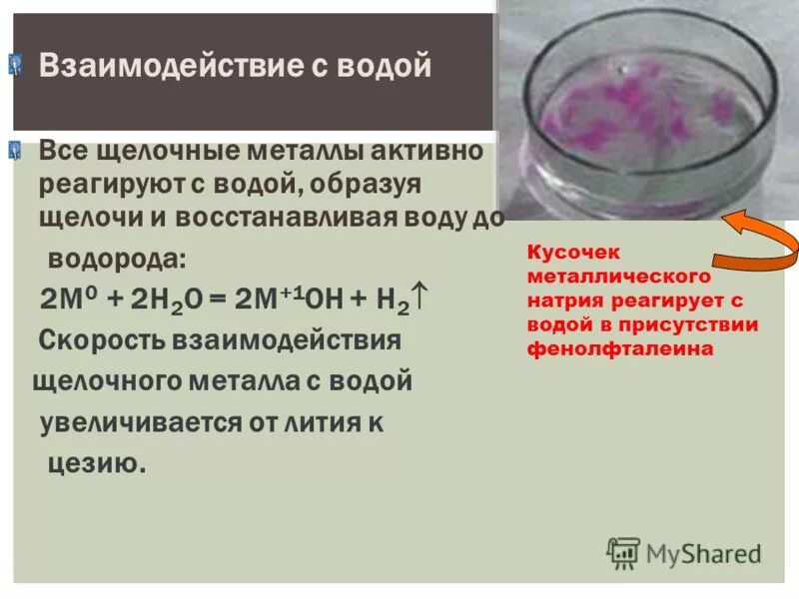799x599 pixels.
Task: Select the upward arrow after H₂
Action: [421, 297]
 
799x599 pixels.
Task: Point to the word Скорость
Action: [106, 340]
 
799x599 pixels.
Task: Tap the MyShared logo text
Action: [703, 552]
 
